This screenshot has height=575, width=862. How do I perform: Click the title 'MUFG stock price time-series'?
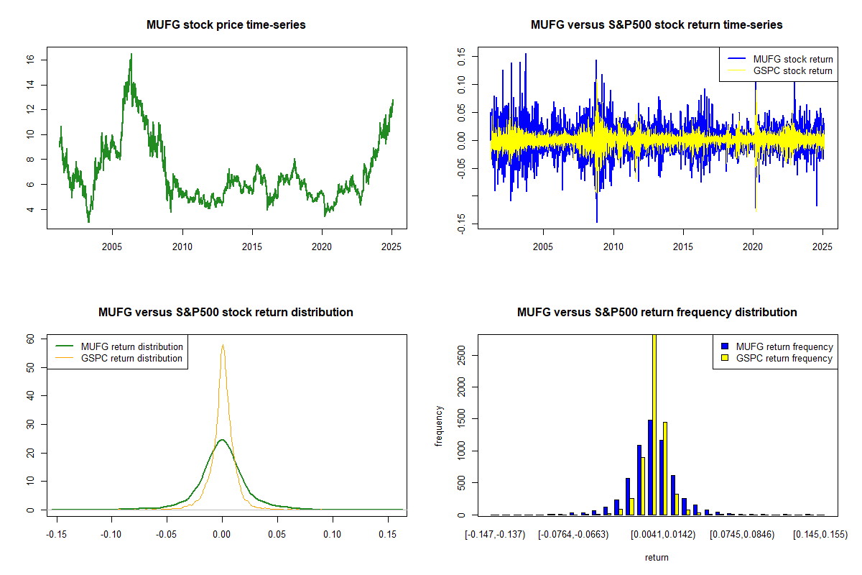pos(226,25)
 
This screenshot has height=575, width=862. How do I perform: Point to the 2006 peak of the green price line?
pos(131,55)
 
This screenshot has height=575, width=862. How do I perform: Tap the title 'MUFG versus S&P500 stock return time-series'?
pos(657,25)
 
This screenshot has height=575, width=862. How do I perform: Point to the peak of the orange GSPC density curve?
pos(223,345)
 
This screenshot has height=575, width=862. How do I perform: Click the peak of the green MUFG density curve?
pos(222,440)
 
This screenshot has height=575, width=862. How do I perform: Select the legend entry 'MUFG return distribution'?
pos(131,346)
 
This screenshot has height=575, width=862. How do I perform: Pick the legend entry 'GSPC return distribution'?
pos(131,358)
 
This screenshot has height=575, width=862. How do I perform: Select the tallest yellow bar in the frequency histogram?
pos(654,424)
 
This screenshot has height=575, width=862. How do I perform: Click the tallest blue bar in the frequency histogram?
pos(649,467)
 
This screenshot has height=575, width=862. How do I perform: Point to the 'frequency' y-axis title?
pos(439,426)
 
